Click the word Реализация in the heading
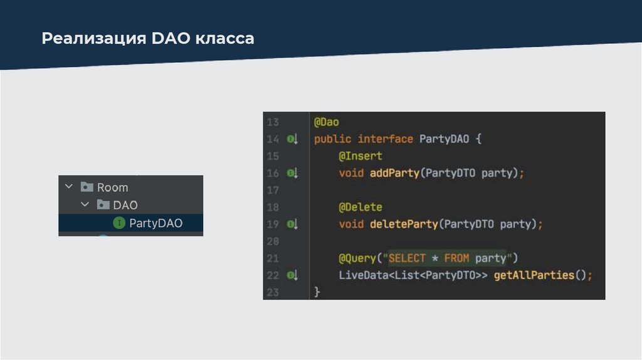[93, 39]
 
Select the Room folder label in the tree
[112, 188]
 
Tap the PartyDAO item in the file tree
[155, 223]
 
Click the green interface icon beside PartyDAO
[118, 223]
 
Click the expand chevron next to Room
[68, 187]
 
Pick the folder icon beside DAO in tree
[102, 205]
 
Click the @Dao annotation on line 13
[326, 122]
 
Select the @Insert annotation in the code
[360, 156]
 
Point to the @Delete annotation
[360, 207]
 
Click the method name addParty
[394, 173]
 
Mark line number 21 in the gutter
[272, 258]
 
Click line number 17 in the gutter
[272, 190]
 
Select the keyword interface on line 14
[385, 139]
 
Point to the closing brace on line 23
[317, 292]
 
